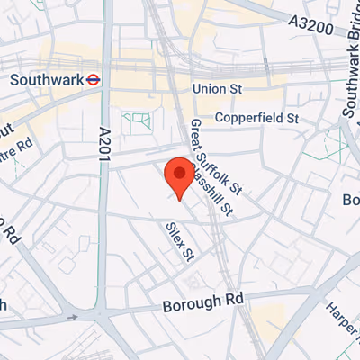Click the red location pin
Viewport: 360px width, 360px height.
179,175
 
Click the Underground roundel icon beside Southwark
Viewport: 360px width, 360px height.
93,79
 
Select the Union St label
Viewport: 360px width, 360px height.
219,90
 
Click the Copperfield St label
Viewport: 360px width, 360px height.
256,118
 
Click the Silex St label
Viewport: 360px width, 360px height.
180,242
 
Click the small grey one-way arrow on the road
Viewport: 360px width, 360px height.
75,317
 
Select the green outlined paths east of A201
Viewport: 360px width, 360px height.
137,122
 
